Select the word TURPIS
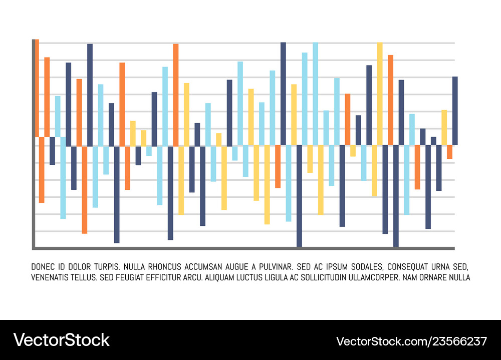(x=104, y=266)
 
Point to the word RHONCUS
(x=168, y=266)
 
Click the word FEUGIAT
(x=135, y=277)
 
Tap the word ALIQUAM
(x=223, y=277)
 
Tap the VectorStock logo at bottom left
(x=61, y=339)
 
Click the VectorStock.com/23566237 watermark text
(x=411, y=341)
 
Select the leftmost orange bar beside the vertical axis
(x=37, y=88)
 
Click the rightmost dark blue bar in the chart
(x=455, y=111)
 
